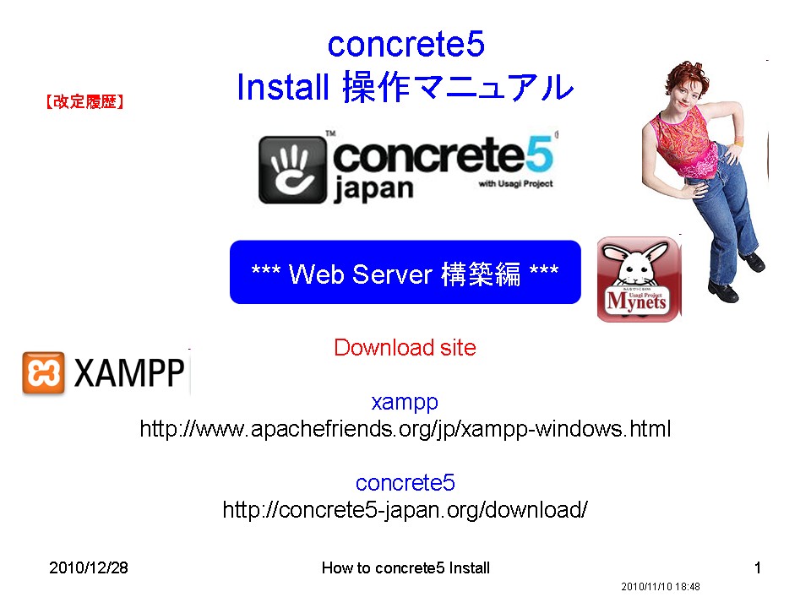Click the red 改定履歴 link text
84,103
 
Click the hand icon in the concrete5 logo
292,168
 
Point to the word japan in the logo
374,187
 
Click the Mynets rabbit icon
638,279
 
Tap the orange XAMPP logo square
43,373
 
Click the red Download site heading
405,347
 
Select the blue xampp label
405,401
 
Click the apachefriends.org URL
405,429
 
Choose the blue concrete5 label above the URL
405,483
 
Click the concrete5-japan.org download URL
405,510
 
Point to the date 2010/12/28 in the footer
89,567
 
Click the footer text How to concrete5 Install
405,567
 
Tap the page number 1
757,567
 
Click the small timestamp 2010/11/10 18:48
661,586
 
